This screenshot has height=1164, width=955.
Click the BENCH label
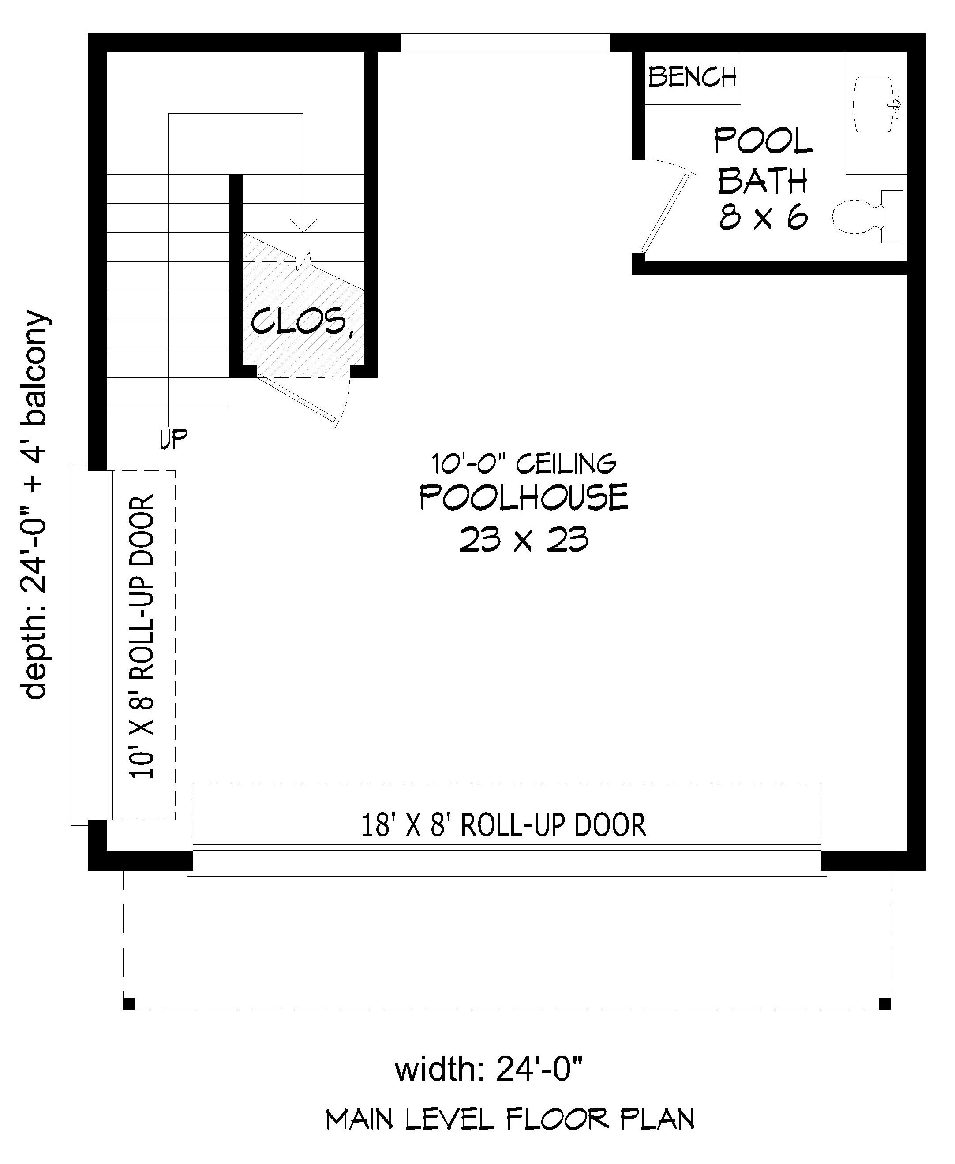tap(692, 78)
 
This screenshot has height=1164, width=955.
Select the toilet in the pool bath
tap(864, 216)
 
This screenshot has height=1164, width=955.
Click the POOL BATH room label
tap(763, 160)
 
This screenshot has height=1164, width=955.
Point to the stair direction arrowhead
tap(303, 225)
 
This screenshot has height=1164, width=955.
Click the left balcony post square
tap(129, 1004)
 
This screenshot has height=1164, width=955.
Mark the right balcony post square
tap(884, 1004)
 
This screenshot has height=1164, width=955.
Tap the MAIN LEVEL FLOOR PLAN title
tap(510, 1119)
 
